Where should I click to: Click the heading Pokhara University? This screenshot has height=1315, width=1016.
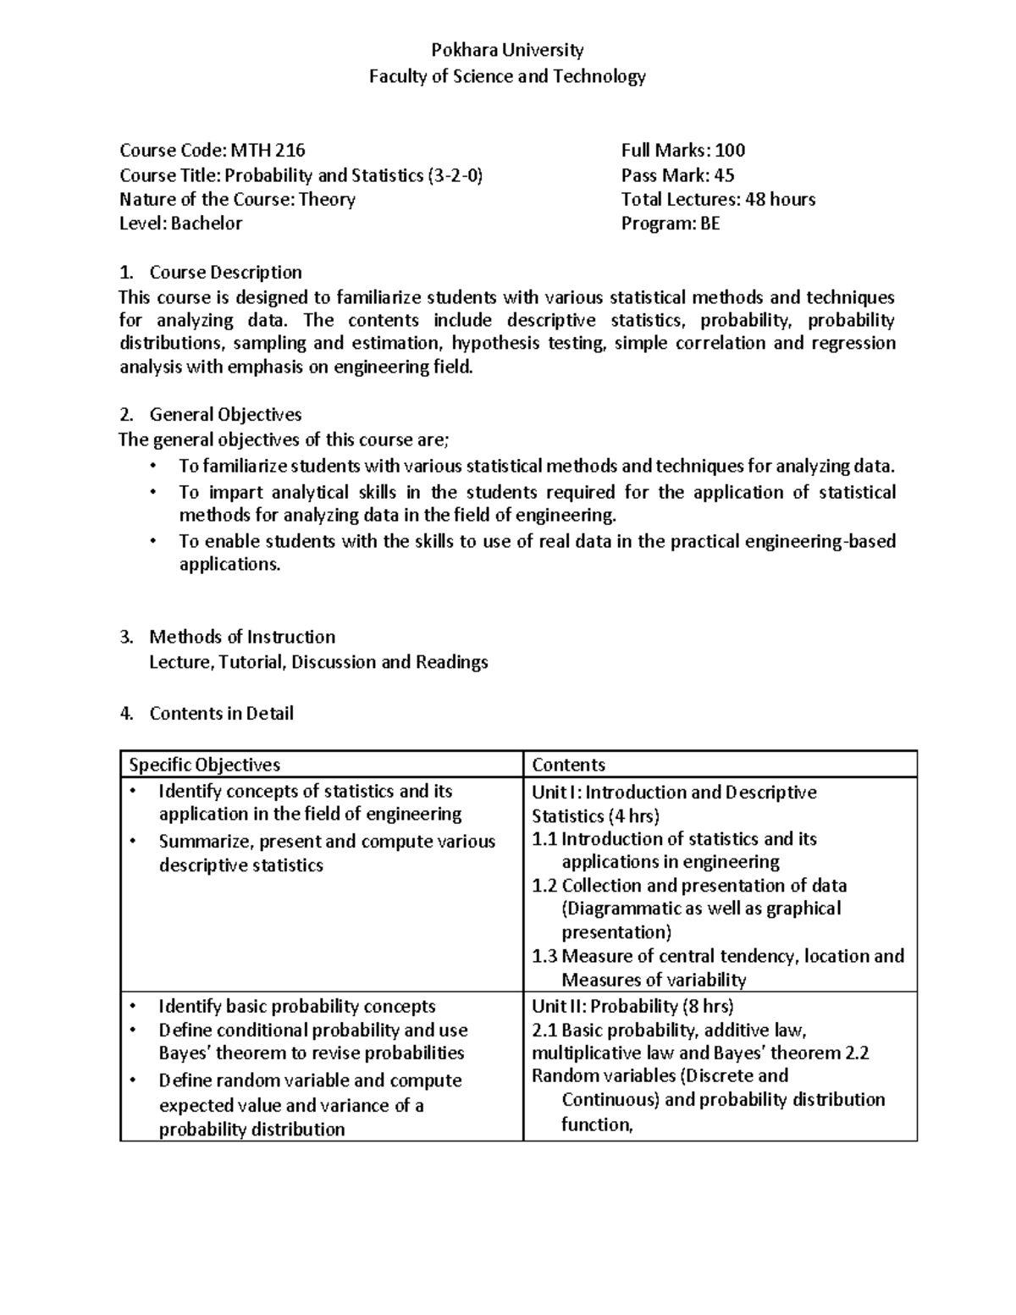pyautogui.click(x=507, y=50)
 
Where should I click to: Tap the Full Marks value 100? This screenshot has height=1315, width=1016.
pyautogui.click(x=730, y=151)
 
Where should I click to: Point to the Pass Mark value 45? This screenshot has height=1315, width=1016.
pyautogui.click(x=724, y=175)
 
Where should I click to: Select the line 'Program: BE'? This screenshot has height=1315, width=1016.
pyautogui.click(x=670, y=224)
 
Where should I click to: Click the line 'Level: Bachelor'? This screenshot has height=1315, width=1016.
pyautogui.click(x=180, y=224)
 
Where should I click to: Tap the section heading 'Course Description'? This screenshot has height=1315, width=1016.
pyautogui.click(x=225, y=273)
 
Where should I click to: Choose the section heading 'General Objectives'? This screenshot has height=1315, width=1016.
pyautogui.click(x=225, y=415)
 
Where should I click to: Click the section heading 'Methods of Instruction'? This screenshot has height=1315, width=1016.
pyautogui.click(x=242, y=637)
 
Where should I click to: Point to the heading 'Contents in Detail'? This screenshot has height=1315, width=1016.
pyautogui.click(x=221, y=714)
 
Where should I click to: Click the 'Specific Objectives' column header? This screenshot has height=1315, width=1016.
pyautogui.click(x=204, y=765)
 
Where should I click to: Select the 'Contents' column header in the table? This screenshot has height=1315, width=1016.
pyautogui.click(x=568, y=765)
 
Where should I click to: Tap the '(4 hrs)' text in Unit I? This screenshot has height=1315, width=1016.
pyautogui.click(x=633, y=816)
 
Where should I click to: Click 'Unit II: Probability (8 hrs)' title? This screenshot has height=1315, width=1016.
pyautogui.click(x=632, y=1006)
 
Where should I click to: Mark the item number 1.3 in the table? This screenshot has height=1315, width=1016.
pyautogui.click(x=544, y=956)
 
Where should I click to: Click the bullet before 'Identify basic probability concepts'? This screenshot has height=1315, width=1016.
pyautogui.click(x=132, y=1007)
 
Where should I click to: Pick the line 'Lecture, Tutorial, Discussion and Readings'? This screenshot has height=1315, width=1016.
pyautogui.click(x=318, y=662)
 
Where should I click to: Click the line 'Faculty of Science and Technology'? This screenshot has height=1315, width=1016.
pyautogui.click(x=507, y=76)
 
